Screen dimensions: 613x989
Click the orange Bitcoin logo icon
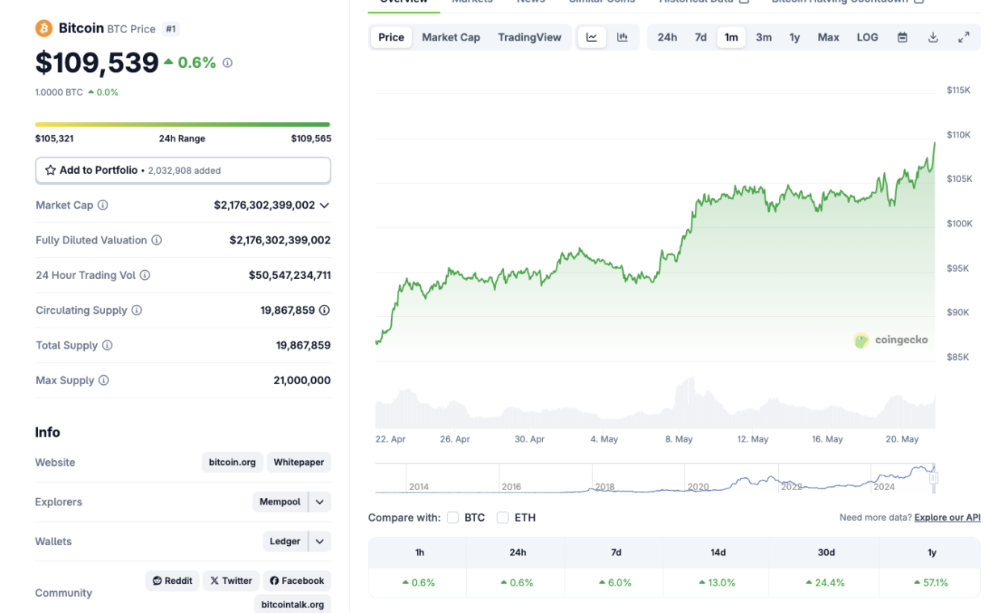tap(44, 28)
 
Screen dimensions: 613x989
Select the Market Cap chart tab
tap(451, 37)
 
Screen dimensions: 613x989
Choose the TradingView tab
tap(529, 37)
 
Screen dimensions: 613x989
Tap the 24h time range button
tap(667, 37)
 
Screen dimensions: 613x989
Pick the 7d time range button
tap(701, 37)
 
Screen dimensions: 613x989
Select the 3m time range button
tap(764, 37)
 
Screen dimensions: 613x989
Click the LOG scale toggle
tap(867, 37)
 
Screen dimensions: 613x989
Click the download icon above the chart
tap(933, 37)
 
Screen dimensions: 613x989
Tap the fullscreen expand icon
tap(964, 37)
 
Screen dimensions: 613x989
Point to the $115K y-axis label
tap(958, 90)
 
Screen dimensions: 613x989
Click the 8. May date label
tap(679, 439)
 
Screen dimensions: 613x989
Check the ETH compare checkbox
tap(503, 518)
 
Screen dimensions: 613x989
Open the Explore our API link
tap(947, 518)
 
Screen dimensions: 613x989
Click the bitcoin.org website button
tap(232, 463)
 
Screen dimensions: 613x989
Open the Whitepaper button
tap(298, 463)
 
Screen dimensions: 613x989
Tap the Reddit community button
tap(172, 581)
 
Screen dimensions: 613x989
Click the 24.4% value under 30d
tap(826, 582)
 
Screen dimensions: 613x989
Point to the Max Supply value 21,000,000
tap(302, 380)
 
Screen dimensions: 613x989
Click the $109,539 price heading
tap(97, 62)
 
